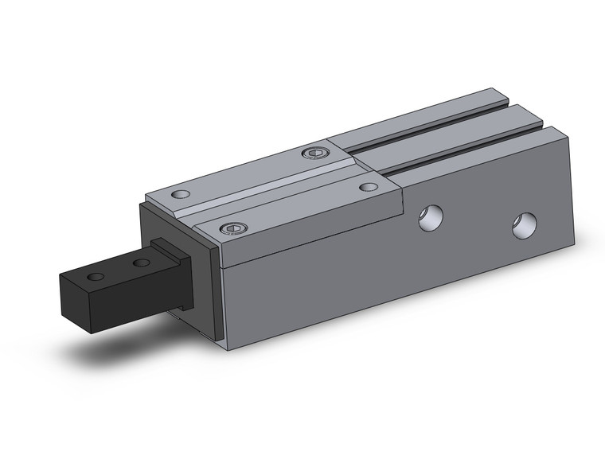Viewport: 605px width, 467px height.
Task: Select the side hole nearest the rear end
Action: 524,225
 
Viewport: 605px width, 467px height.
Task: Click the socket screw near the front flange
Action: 233,228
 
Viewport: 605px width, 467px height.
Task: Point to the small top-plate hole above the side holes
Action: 367,187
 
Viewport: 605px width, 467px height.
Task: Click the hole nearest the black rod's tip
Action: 96,277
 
